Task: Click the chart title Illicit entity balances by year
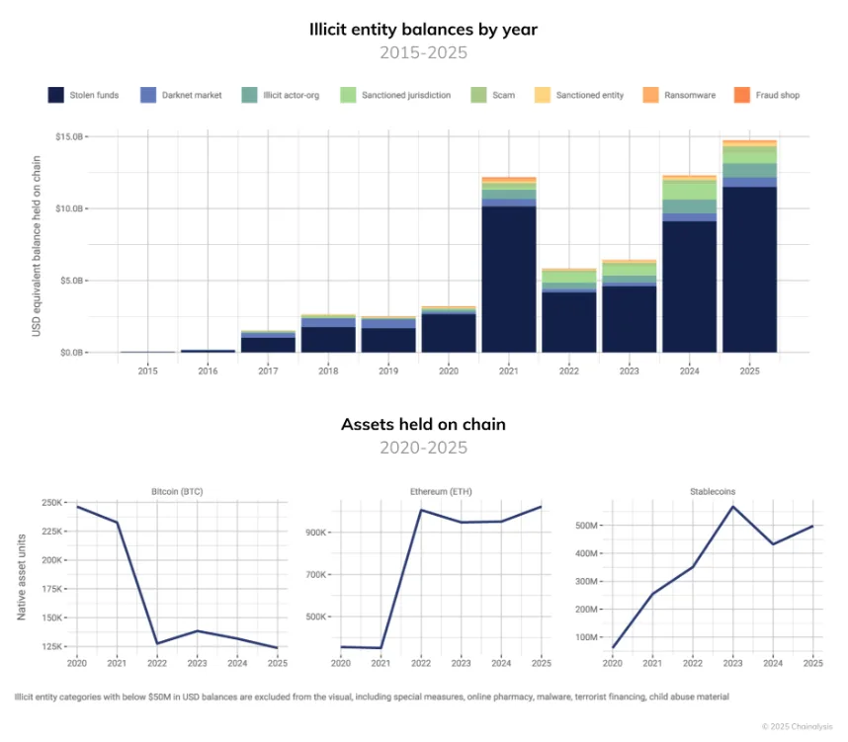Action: [424, 29]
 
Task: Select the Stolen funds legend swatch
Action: [56, 95]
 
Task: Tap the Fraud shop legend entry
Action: [766, 95]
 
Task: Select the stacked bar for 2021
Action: [508, 265]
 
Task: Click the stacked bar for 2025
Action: [748, 247]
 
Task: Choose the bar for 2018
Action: [328, 334]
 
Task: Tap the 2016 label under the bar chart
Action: [208, 371]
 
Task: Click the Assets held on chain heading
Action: [423, 425]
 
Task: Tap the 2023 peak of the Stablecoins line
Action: [733, 506]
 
